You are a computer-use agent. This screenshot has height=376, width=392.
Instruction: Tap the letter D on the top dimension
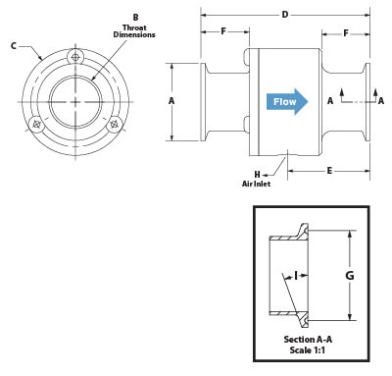[x=285, y=14]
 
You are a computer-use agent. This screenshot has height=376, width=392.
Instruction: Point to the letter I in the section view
[x=293, y=277]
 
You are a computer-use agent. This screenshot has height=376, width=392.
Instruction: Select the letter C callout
[x=12, y=45]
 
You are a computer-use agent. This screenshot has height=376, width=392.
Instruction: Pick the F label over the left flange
[x=222, y=32]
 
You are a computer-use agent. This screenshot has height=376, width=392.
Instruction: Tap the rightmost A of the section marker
[x=380, y=100]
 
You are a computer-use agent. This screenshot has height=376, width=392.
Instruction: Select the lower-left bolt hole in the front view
[x=36, y=125]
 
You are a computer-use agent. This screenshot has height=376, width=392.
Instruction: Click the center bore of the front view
[x=75, y=103]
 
